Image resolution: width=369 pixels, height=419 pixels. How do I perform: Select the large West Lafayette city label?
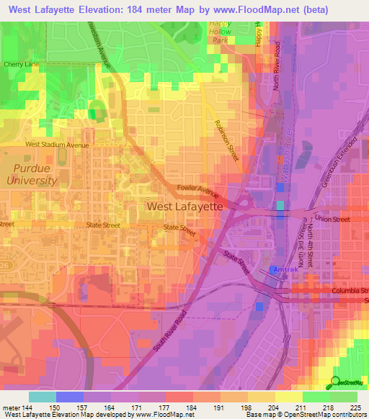[x=184, y=206]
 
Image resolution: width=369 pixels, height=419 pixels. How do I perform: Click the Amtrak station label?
[x=283, y=269]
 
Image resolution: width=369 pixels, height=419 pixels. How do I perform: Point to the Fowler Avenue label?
[x=199, y=192]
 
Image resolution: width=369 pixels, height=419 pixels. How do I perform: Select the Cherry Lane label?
[x=19, y=64]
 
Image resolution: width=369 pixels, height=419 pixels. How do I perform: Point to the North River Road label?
[x=275, y=71]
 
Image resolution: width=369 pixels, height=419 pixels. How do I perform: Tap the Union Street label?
[x=333, y=219]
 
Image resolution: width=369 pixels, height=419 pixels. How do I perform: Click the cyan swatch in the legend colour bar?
[x=42, y=397]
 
